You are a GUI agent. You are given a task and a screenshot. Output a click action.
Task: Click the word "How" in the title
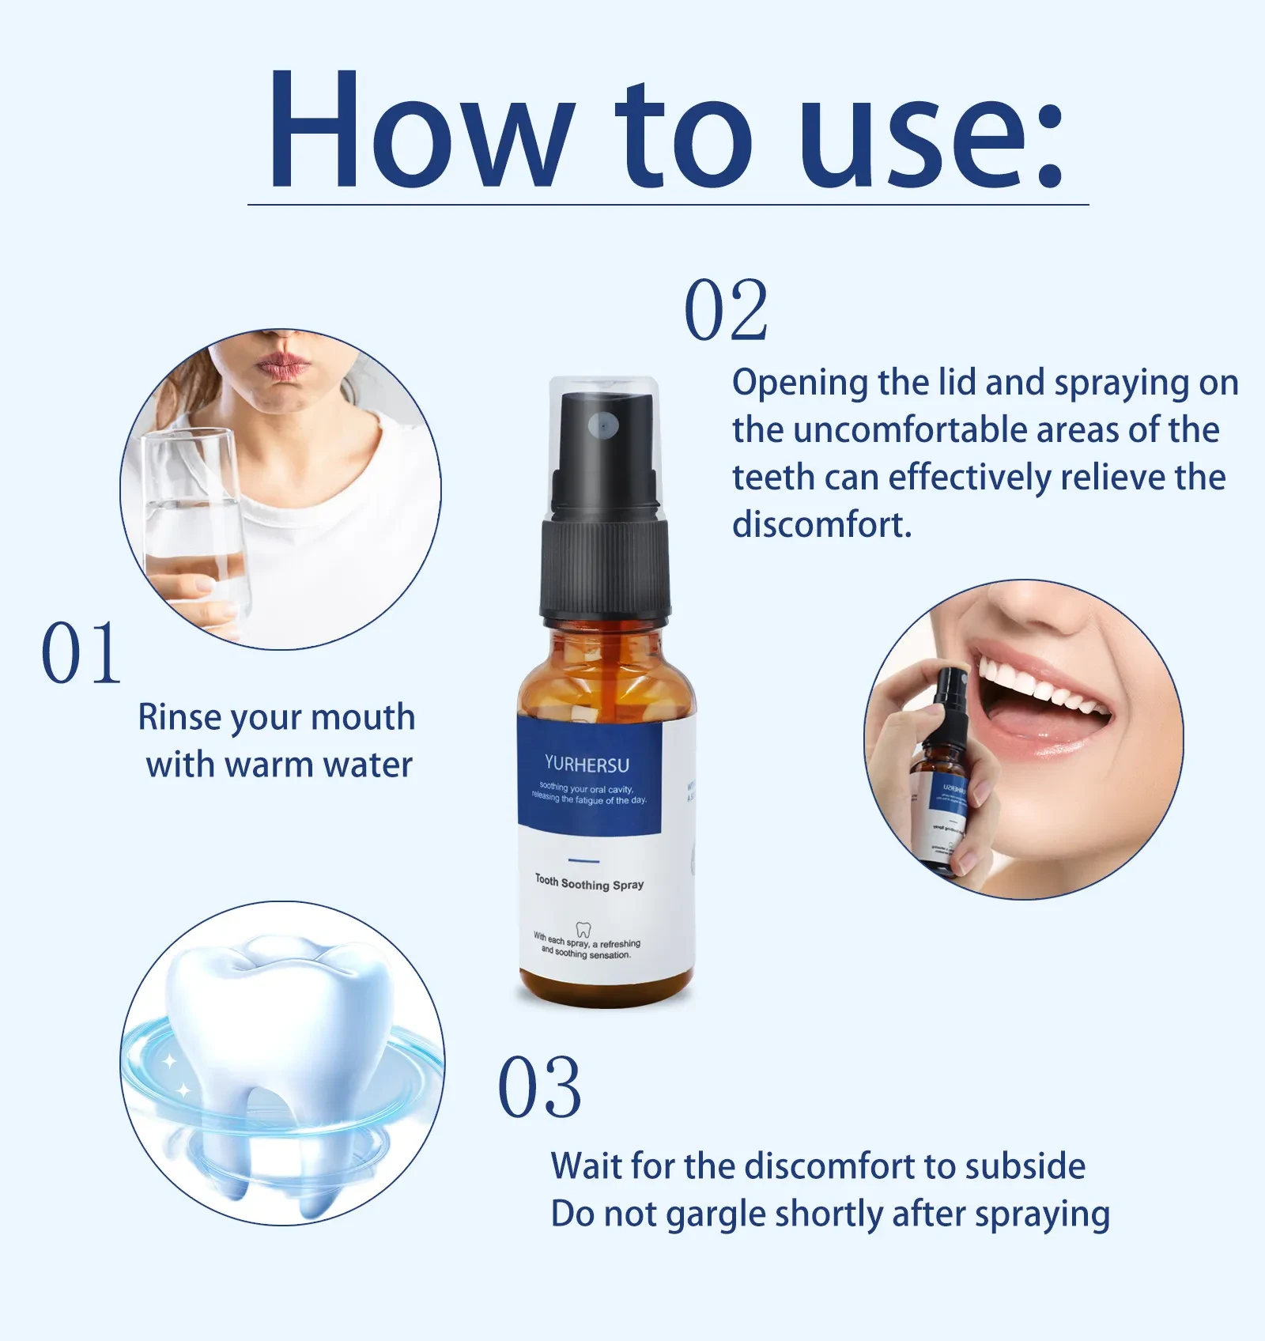pyautogui.click(x=419, y=130)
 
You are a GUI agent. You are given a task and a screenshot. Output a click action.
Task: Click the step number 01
pyautogui.click(x=81, y=653)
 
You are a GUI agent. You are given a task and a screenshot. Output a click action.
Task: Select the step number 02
pyautogui.click(x=726, y=311)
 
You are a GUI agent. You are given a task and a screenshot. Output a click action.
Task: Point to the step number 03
pyautogui.click(x=539, y=1089)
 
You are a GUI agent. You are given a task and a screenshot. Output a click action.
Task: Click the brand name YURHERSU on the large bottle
pyautogui.click(x=587, y=765)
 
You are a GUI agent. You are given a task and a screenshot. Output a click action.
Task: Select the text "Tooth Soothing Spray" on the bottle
pyautogui.click(x=589, y=882)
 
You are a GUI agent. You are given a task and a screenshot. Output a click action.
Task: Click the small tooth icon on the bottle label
pyautogui.click(x=583, y=929)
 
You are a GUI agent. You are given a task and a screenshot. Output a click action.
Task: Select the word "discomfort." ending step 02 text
pyautogui.click(x=821, y=525)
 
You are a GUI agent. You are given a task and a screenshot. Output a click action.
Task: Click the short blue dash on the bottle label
pyautogui.click(x=584, y=860)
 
